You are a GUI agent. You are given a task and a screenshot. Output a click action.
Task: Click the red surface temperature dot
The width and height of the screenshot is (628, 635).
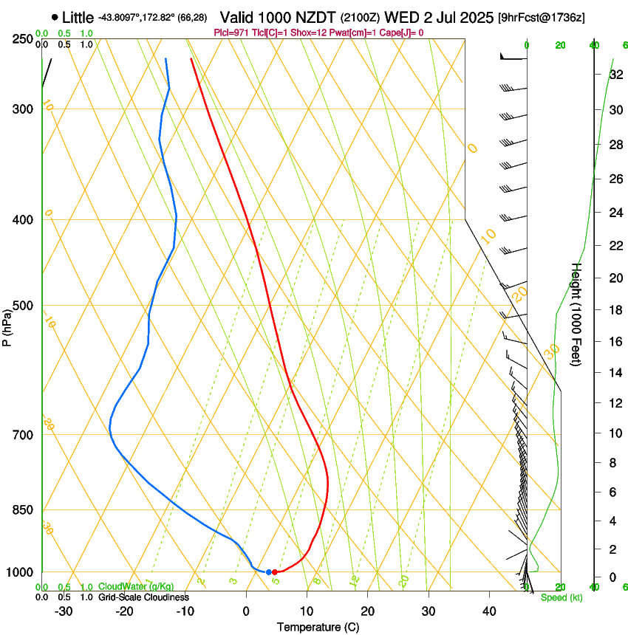(274, 572)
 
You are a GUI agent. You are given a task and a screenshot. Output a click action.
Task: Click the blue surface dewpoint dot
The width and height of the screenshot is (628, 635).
(268, 572)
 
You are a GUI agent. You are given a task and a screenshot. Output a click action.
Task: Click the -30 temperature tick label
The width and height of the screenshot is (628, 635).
(64, 611)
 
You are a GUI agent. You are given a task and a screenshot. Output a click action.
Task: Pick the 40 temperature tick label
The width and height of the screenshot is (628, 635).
(489, 611)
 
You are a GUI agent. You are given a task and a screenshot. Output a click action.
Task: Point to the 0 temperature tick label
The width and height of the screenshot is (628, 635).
(246, 611)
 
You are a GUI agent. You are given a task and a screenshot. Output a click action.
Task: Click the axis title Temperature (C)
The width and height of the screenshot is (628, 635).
(318, 628)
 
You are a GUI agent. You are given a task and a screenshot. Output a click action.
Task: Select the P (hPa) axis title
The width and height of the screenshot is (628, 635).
(7, 326)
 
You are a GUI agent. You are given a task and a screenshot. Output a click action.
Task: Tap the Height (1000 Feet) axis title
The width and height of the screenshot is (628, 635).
(577, 314)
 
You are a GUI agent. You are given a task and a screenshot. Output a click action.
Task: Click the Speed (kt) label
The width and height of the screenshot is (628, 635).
(561, 597)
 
